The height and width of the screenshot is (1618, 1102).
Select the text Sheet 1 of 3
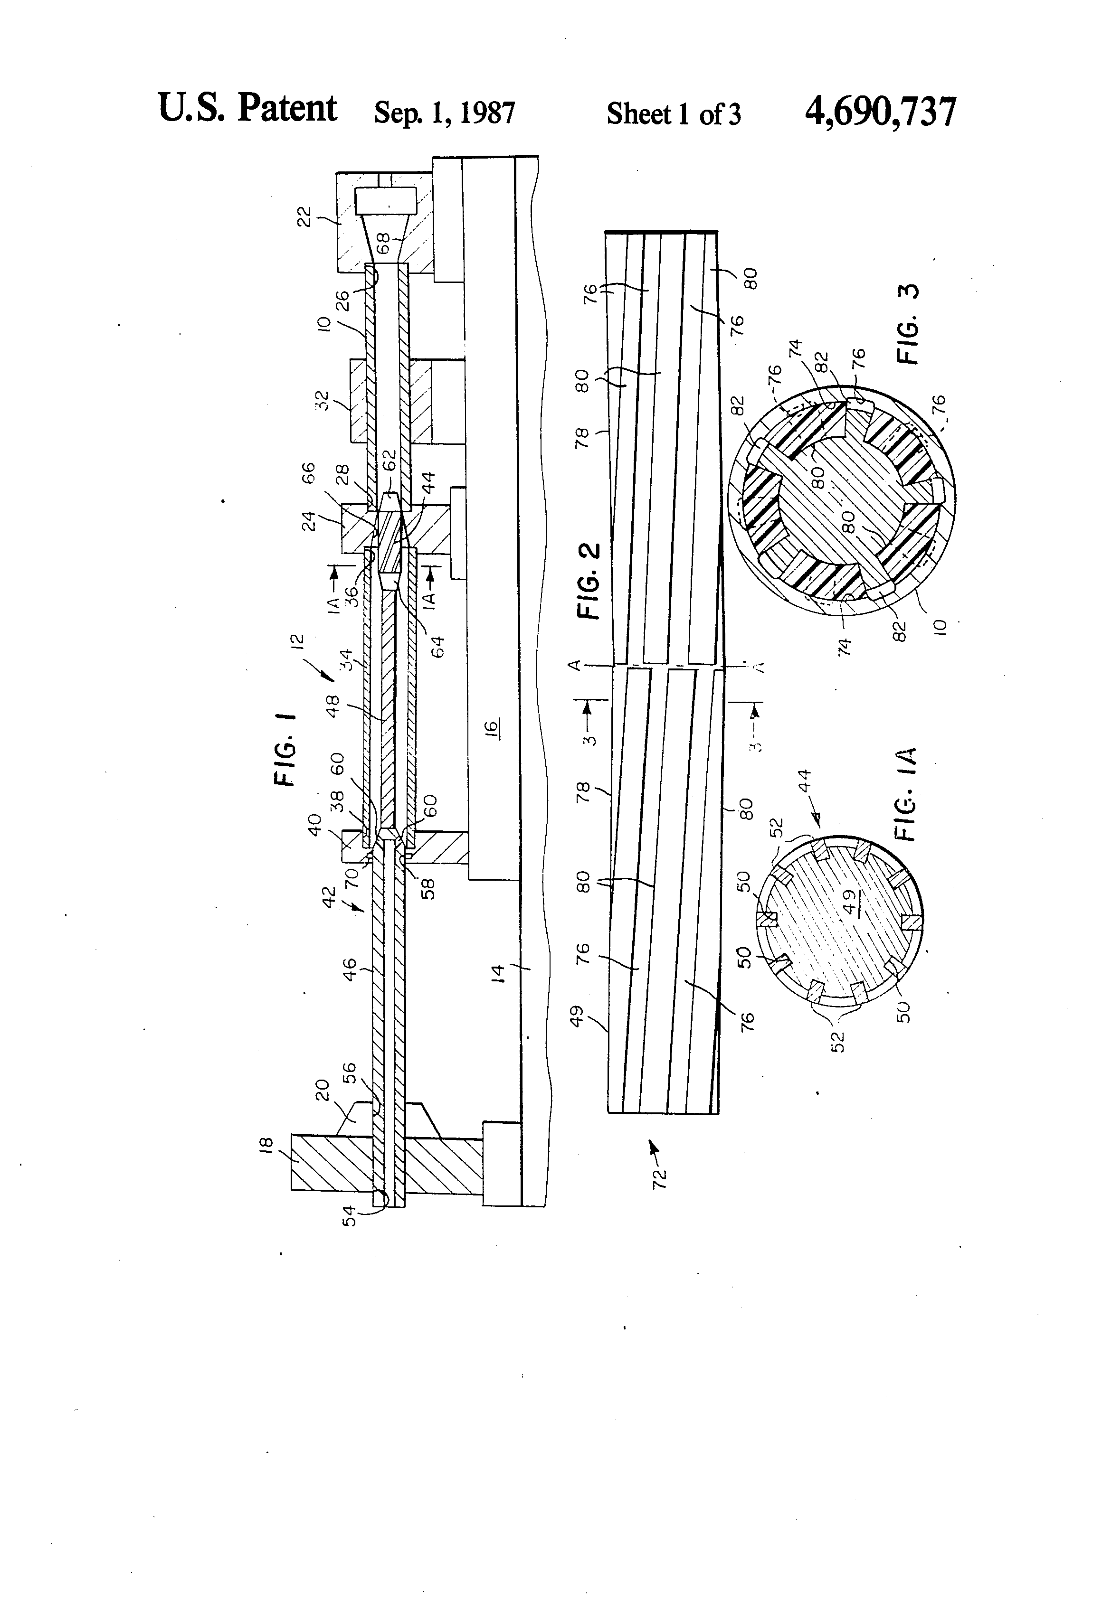[673, 114]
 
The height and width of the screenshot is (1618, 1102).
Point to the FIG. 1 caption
[285, 748]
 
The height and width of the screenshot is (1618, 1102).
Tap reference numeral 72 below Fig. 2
[659, 1176]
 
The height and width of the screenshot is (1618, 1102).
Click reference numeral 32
[323, 400]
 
